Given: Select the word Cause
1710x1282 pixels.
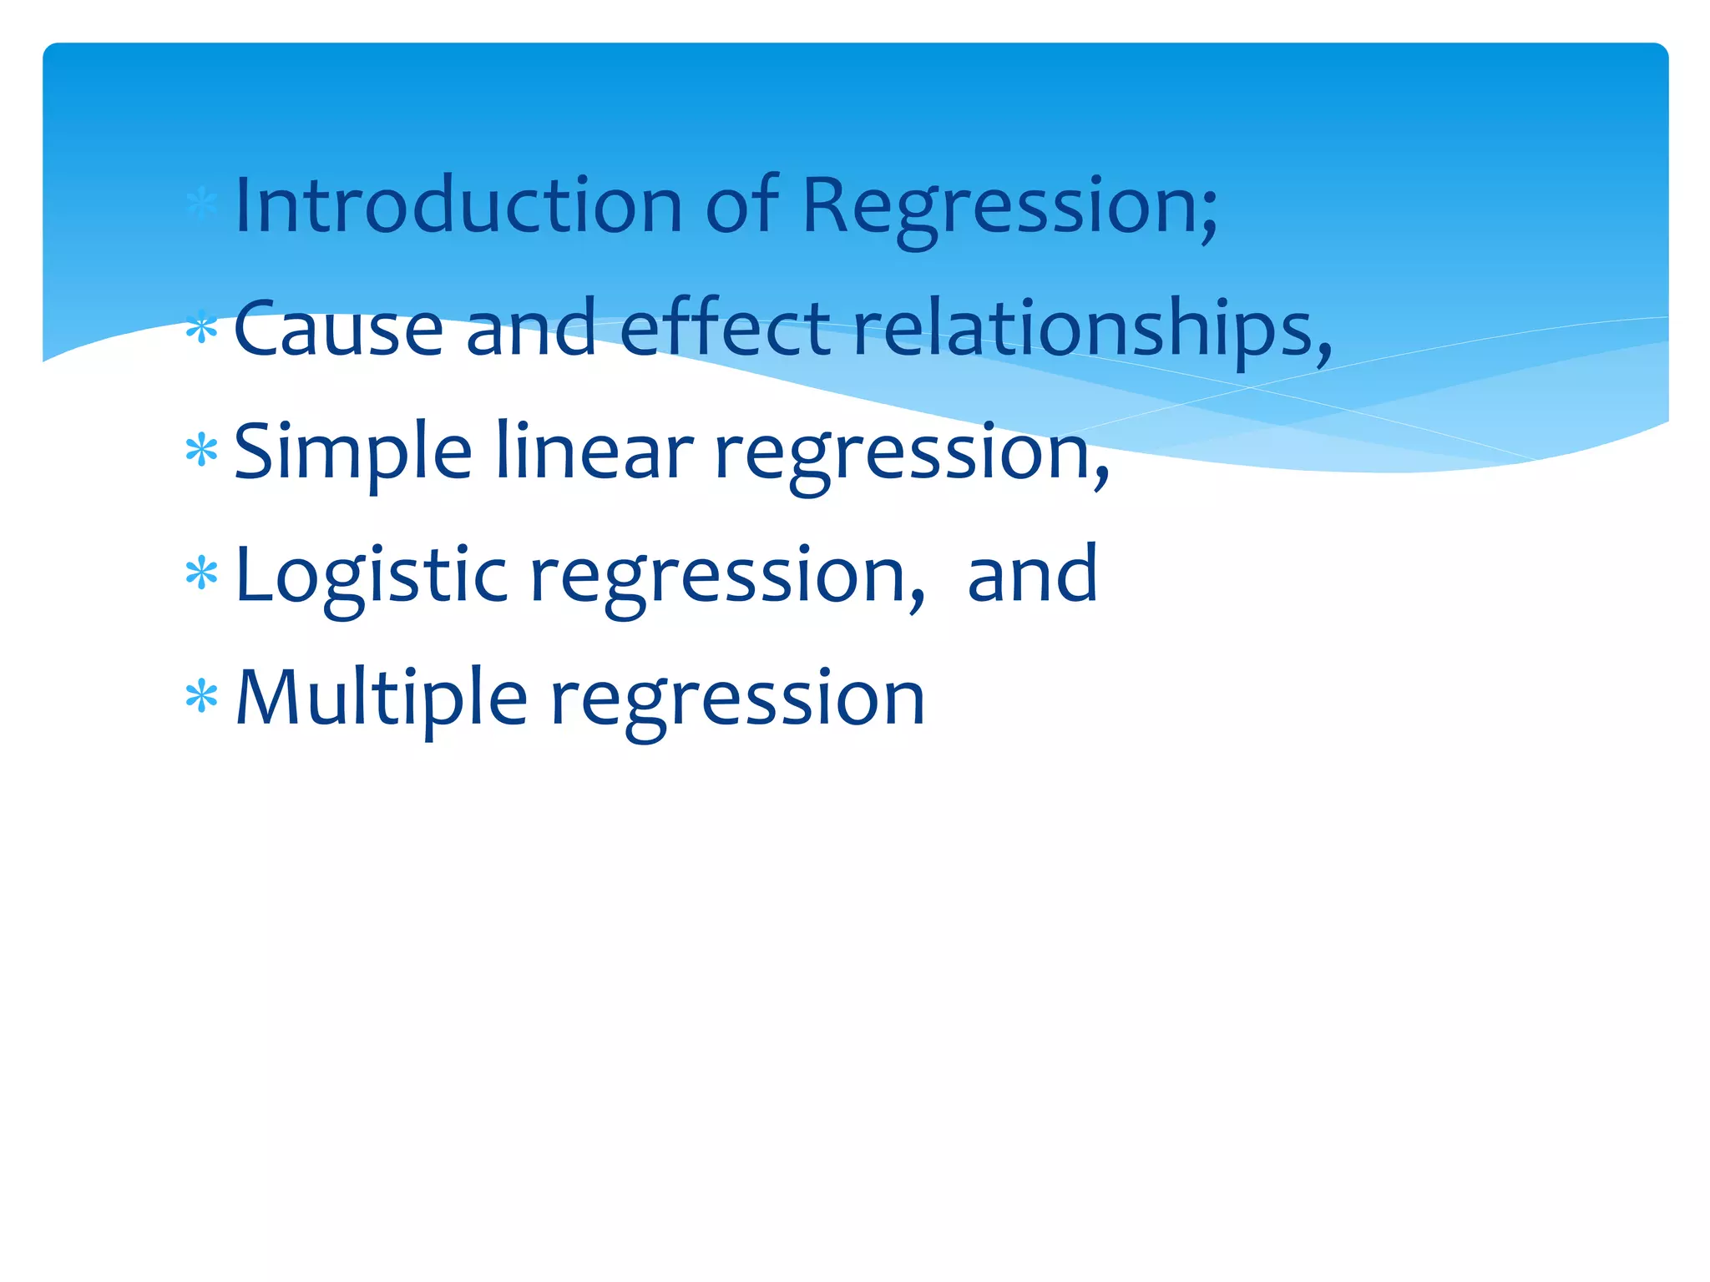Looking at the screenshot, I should pos(338,328).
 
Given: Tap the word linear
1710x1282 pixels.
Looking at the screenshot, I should pos(594,452).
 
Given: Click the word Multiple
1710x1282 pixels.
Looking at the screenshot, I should pos(382,699).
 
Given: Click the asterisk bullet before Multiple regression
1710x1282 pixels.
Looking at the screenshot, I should pos(201,697).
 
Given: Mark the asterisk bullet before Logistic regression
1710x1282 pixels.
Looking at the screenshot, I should pos(201,574).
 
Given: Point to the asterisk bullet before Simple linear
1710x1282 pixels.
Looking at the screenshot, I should pos(201,452).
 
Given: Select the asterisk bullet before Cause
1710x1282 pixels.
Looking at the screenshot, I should pos(201,329).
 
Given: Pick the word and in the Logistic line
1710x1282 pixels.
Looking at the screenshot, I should pos(1032,574).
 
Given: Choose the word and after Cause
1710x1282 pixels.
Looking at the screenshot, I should pos(530,328).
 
